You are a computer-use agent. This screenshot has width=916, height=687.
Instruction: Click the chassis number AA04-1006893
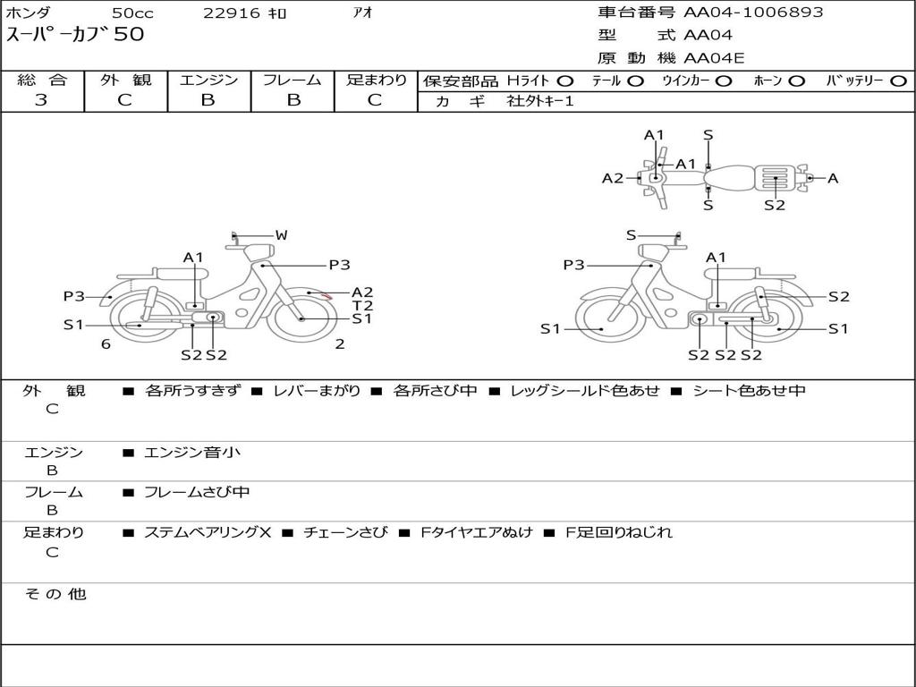click(x=753, y=13)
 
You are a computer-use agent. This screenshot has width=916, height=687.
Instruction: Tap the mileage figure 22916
click(x=231, y=13)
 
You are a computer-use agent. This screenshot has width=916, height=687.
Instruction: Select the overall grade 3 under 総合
click(x=41, y=100)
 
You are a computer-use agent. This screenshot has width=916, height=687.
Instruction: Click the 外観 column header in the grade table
click(x=125, y=80)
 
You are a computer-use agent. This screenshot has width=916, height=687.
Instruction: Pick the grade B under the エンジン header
click(x=208, y=100)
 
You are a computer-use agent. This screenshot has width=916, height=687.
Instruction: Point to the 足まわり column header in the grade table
click(x=377, y=80)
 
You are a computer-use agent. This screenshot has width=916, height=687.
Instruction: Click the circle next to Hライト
click(x=565, y=81)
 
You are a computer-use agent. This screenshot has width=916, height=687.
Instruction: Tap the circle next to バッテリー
click(x=899, y=81)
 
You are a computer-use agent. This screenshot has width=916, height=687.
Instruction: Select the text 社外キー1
click(x=540, y=101)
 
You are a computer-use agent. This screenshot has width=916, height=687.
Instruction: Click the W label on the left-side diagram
click(x=282, y=235)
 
